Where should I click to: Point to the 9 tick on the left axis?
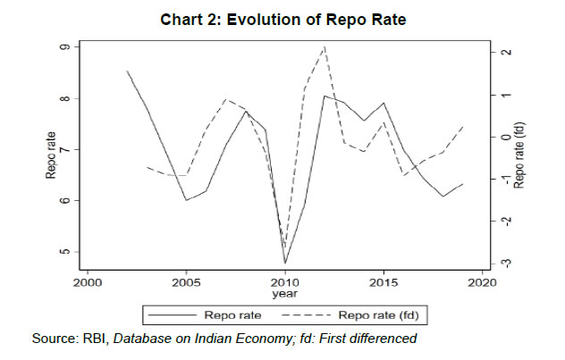click(x=65, y=47)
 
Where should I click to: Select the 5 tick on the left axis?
click(x=65, y=252)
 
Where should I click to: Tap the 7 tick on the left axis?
click(x=65, y=149)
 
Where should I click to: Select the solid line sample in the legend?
click(x=173, y=315)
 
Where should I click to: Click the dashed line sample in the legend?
click(x=307, y=315)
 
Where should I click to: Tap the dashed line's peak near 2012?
click(x=325, y=46)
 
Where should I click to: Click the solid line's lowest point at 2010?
click(x=285, y=264)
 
